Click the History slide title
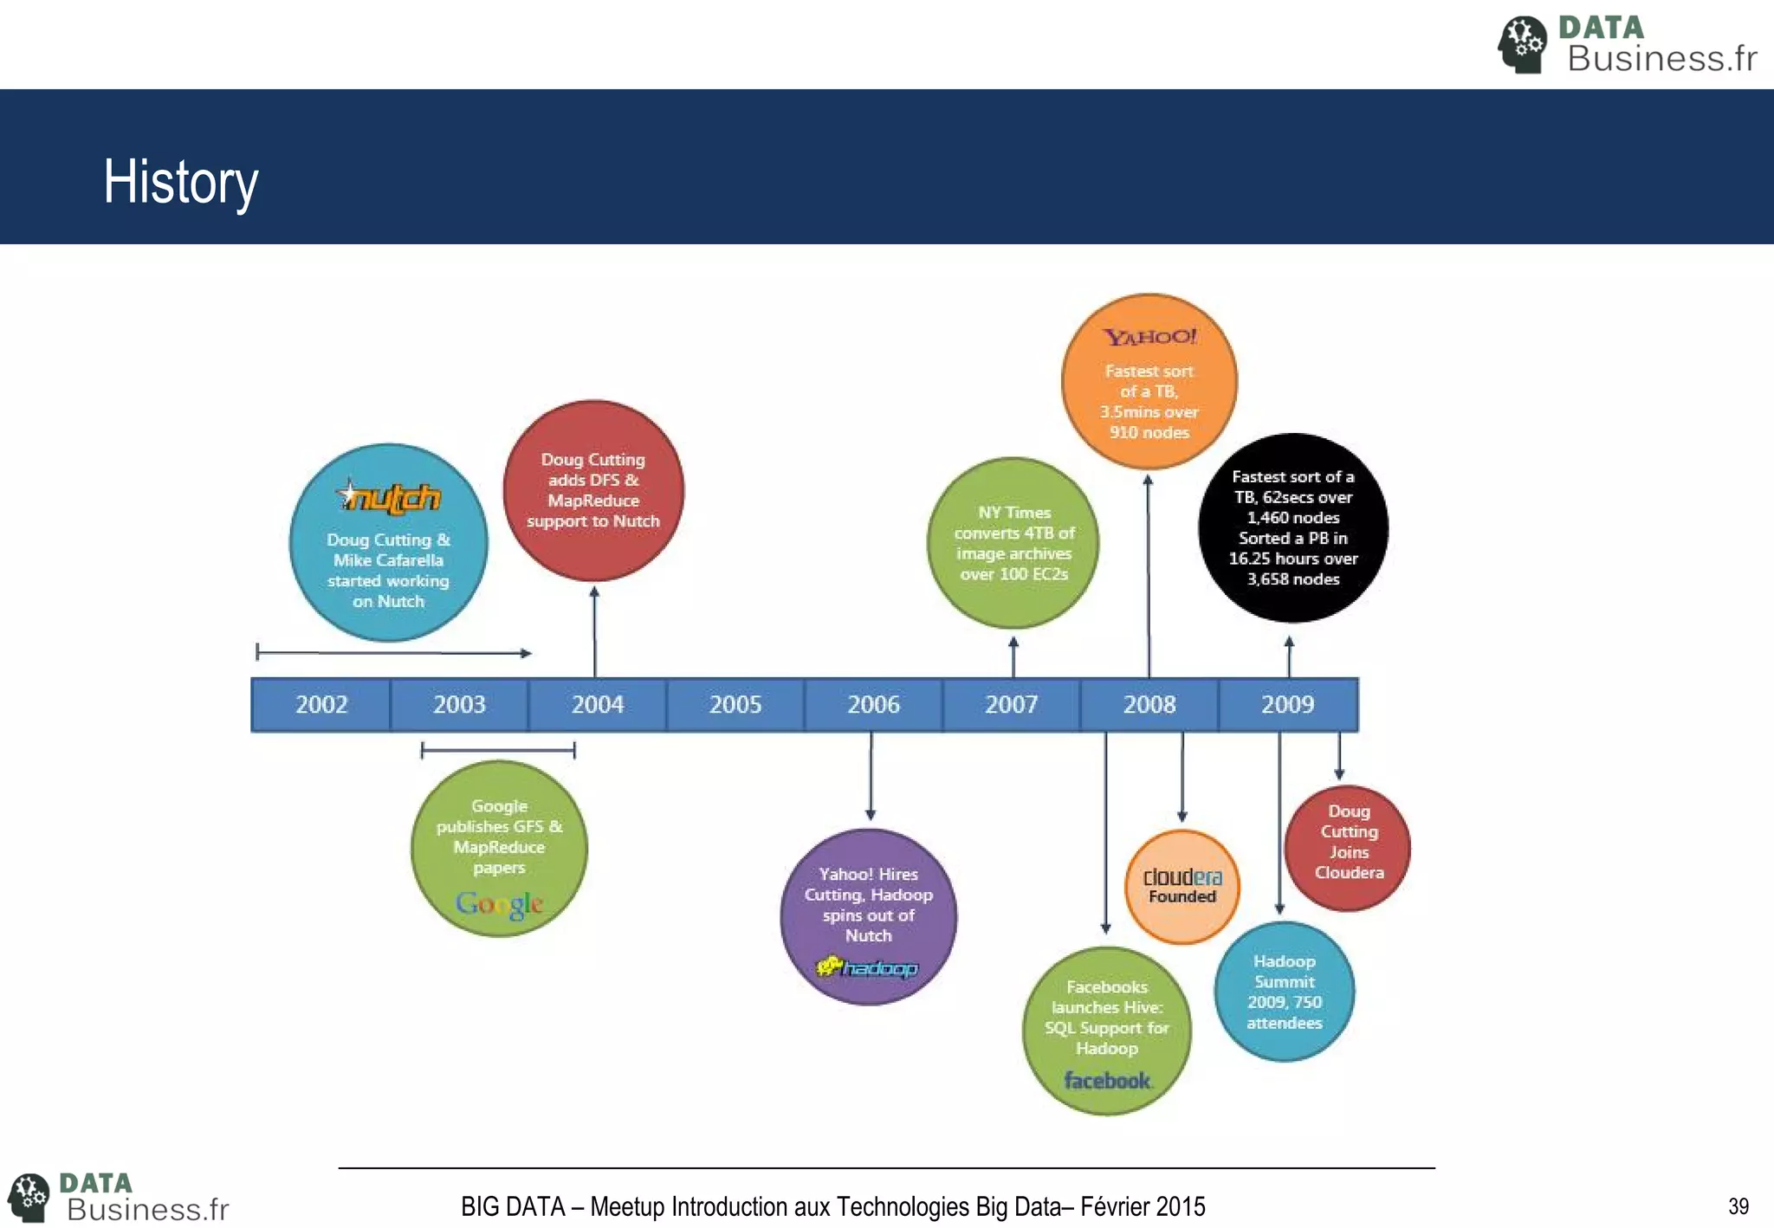[180, 182]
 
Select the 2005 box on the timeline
[735, 704]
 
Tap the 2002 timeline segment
[321, 704]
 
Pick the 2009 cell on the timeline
[1287, 704]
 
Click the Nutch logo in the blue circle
[389, 498]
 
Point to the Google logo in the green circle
[499, 903]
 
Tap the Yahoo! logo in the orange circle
[1149, 337]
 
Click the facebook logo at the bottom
[1107, 1081]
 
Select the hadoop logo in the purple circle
[867, 967]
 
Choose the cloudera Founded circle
[1182, 886]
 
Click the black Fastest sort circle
[1292, 527]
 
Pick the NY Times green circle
[1013, 543]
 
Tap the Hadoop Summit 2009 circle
[1284, 992]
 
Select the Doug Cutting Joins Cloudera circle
[1349, 847]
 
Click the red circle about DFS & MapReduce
[593, 490]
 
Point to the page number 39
[1738, 1206]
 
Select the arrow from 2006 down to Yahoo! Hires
[871, 776]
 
